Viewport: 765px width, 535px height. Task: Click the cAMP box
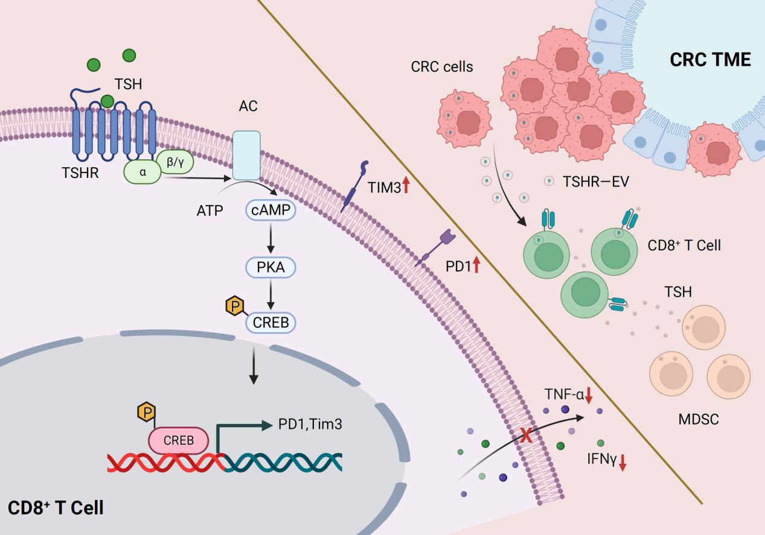coord(270,211)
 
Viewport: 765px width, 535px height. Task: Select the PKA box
coord(270,267)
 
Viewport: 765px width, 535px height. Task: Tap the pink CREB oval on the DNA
coord(179,440)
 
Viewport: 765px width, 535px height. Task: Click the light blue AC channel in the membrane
coord(246,155)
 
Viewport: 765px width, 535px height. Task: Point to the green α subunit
coord(142,172)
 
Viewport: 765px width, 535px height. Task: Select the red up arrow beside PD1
coord(476,264)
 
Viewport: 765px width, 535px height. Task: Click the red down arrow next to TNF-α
coord(589,396)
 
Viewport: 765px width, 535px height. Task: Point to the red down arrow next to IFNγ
coord(623,462)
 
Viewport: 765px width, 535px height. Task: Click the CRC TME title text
coord(710,60)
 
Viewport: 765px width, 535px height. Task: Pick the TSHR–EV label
coord(595,181)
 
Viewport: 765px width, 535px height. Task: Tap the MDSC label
coord(699,419)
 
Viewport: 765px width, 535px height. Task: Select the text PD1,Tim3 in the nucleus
coord(310,425)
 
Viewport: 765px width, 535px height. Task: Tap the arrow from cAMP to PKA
coord(270,239)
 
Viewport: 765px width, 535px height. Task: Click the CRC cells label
coord(442,66)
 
